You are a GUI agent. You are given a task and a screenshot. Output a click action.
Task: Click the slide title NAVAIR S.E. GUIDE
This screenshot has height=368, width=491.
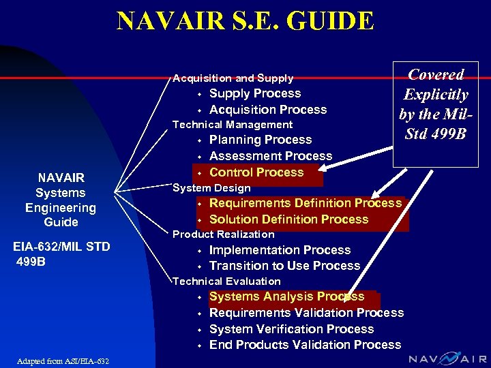pyautogui.click(x=245, y=20)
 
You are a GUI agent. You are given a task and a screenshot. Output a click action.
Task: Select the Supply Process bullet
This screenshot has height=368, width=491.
pyautogui.click(x=254, y=93)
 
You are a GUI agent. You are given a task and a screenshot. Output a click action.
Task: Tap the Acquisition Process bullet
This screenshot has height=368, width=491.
pyautogui.click(x=267, y=110)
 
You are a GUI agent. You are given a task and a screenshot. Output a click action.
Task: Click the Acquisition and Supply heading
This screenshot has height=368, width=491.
pyautogui.click(x=233, y=78)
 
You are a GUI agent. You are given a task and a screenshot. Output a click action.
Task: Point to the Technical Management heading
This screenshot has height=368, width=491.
pyautogui.click(x=233, y=125)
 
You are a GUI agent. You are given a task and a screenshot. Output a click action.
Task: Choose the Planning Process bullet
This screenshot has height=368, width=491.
pyautogui.click(x=260, y=140)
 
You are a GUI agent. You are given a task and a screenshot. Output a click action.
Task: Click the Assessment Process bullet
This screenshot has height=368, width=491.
pyautogui.click(x=270, y=156)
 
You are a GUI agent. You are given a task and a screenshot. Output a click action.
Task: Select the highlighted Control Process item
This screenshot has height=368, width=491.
pyautogui.click(x=256, y=172)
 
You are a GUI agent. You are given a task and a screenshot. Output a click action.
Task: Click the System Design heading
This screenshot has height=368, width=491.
pyautogui.click(x=211, y=188)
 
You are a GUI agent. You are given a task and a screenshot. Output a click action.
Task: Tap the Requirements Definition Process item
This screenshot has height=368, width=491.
pyautogui.click(x=305, y=203)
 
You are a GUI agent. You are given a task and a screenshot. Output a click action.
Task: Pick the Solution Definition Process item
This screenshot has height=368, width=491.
pyautogui.click(x=288, y=219)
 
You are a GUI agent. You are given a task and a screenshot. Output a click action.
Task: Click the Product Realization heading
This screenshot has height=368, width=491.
pyautogui.click(x=223, y=234)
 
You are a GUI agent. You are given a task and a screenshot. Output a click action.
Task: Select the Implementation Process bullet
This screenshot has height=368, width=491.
pyautogui.click(x=280, y=250)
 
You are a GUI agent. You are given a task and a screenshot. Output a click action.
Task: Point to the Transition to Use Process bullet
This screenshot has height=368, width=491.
pyautogui.click(x=284, y=266)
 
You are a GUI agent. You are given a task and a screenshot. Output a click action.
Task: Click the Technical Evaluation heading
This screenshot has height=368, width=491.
pyautogui.click(x=226, y=281)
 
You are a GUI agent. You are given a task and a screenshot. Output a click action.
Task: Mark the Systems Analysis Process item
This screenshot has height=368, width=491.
pyautogui.click(x=286, y=296)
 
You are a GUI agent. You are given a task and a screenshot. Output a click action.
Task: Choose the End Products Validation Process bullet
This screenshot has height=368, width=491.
pyautogui.click(x=305, y=345)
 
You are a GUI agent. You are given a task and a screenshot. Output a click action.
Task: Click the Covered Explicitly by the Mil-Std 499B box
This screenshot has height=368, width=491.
pyautogui.click(x=435, y=104)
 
